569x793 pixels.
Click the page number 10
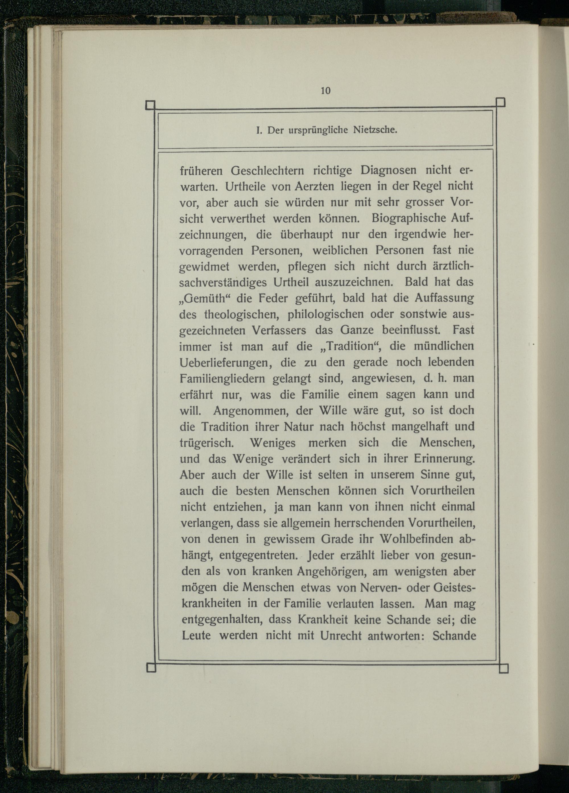325,91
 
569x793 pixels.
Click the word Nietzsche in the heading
376,131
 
